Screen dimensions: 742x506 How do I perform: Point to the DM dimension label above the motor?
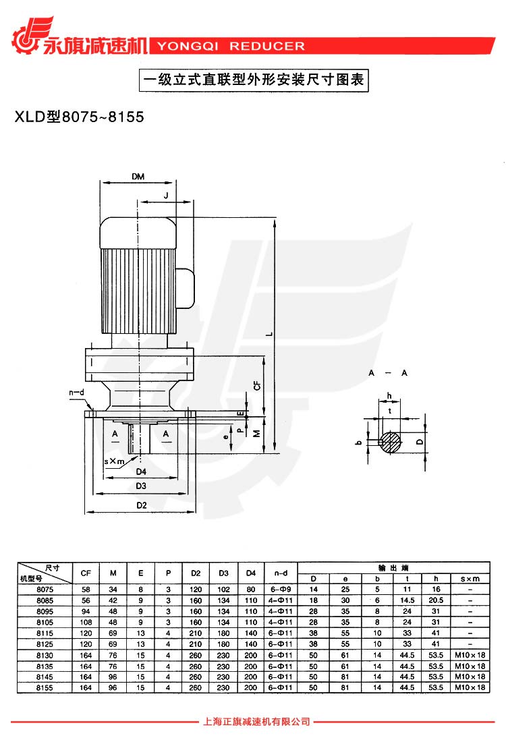(138, 177)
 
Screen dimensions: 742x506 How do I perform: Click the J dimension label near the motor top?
(166, 195)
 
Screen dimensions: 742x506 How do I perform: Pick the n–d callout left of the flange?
(76, 393)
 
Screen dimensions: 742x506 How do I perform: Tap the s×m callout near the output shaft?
(114, 461)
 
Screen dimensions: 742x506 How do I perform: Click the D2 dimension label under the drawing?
(141, 505)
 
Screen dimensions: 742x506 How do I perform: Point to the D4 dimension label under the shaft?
(141, 471)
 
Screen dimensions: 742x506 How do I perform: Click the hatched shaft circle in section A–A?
(389, 442)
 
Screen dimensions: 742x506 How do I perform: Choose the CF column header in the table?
(86, 573)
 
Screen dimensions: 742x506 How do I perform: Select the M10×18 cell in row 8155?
(470, 687)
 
